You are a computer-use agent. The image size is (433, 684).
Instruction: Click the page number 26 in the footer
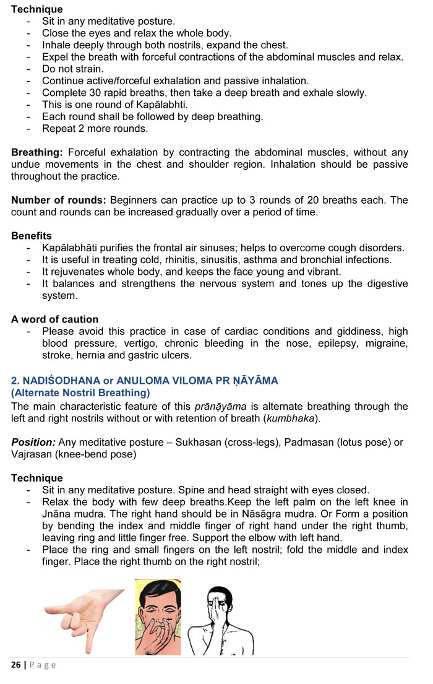[x=15, y=665]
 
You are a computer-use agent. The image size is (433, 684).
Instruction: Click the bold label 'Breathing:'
[x=37, y=152]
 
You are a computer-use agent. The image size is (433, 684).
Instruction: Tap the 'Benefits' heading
[x=32, y=236]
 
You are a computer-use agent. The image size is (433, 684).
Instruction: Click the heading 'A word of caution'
[x=54, y=319]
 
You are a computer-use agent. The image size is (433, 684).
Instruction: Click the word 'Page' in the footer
[x=41, y=665]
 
